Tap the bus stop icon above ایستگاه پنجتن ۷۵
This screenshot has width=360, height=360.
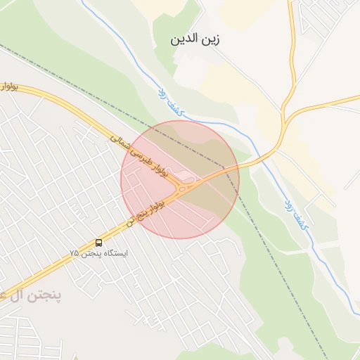(98, 242)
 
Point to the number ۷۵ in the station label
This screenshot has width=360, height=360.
(74, 252)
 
